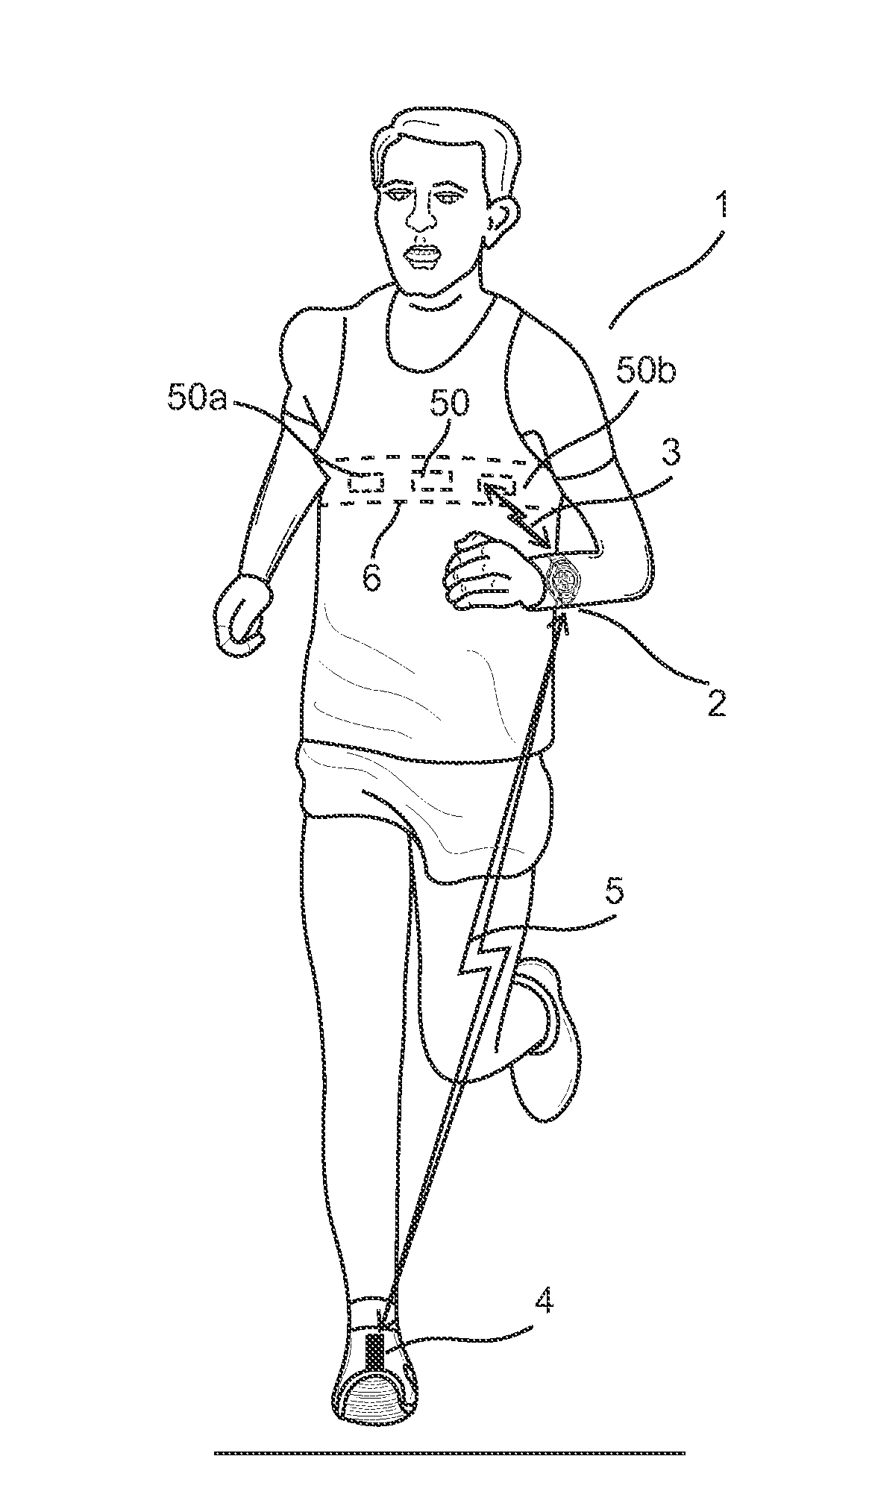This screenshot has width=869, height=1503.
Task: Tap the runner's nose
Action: click(422, 216)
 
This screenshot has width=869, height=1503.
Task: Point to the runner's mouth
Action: click(423, 257)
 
